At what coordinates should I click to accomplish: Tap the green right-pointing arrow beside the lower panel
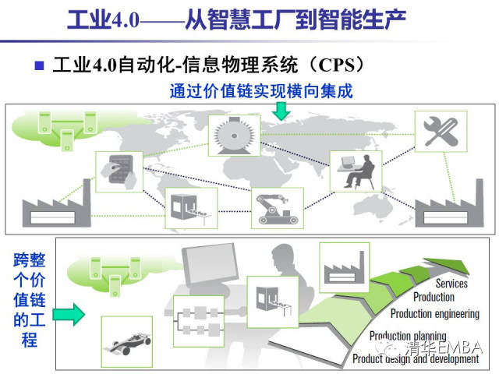point(69,314)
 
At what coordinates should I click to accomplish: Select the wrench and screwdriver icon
point(439,132)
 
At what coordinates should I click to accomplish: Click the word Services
point(451,284)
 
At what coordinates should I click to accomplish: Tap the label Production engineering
point(434,313)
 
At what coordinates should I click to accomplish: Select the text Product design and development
point(415,359)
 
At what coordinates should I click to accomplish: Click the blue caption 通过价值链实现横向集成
point(261,90)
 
